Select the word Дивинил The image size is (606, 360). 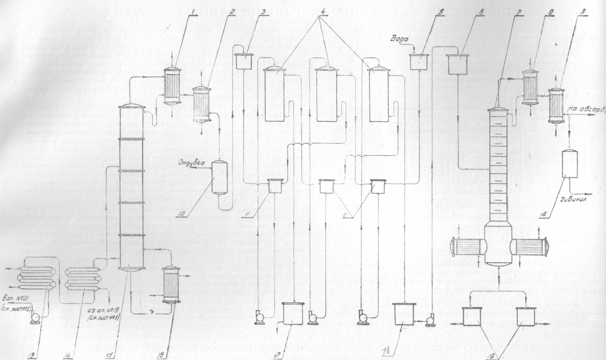pos(573,199)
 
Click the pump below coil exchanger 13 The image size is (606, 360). pos(36,316)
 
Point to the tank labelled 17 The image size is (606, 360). pos(293,314)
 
